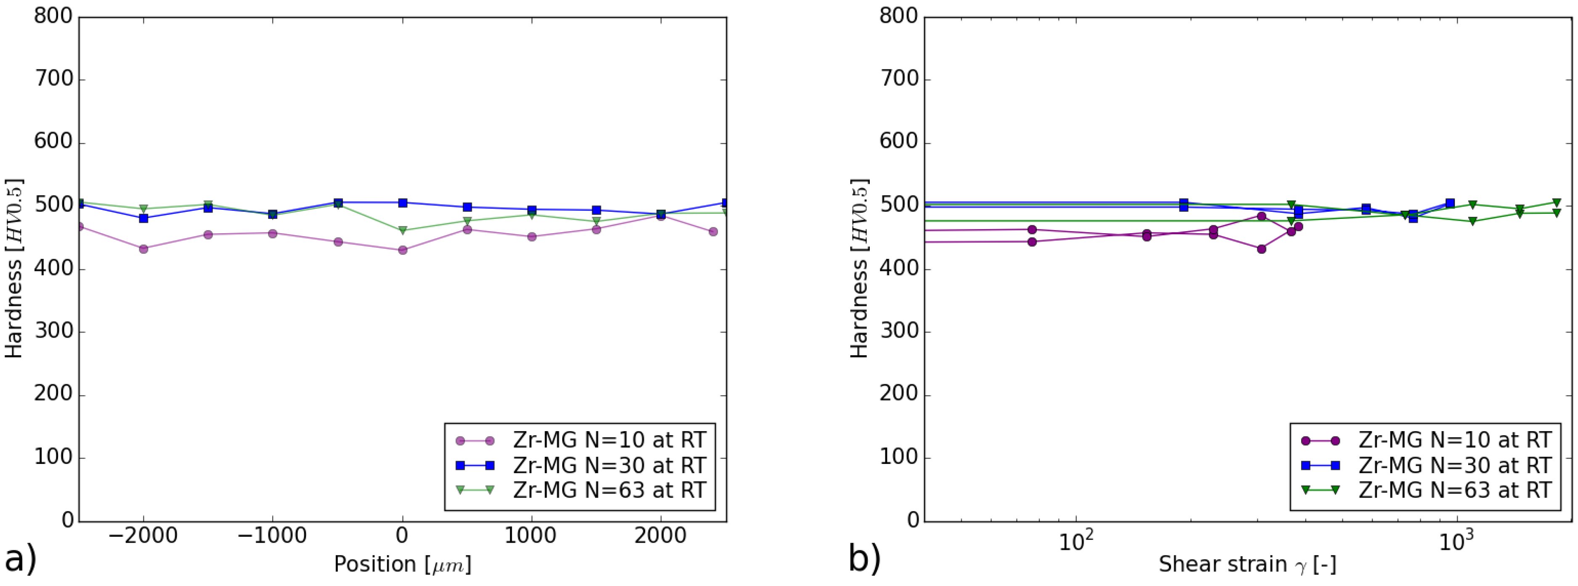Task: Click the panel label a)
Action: pos(20,559)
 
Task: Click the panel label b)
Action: pos(864,559)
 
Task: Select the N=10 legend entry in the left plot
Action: pos(609,440)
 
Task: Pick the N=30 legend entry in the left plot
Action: pos(609,465)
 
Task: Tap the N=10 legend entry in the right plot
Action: pos(1455,440)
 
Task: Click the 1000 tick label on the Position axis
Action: pos(531,536)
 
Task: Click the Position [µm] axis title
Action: pos(402,564)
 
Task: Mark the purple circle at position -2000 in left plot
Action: pos(143,249)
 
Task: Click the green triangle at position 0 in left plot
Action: pos(402,230)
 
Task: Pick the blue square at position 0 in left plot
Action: pos(402,203)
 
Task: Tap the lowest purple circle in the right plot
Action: pos(1261,249)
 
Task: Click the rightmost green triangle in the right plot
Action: pos(1557,203)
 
